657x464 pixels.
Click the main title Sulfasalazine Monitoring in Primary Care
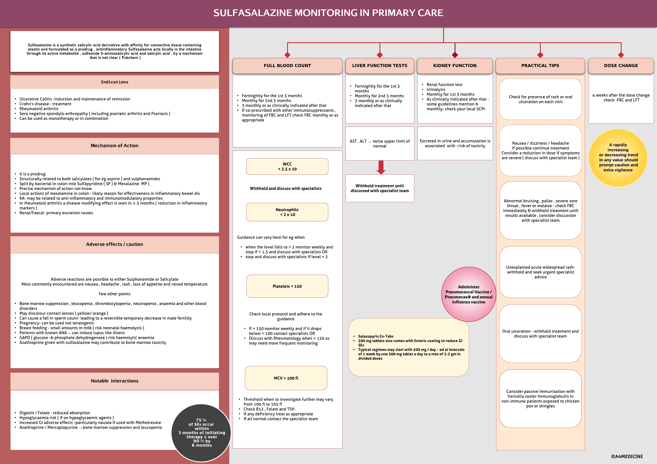328,13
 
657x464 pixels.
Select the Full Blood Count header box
287,66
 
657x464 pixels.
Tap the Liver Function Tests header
380,66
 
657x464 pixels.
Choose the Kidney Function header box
455,66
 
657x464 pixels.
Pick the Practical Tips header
540,66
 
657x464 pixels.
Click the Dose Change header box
621,66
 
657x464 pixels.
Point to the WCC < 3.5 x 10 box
287,166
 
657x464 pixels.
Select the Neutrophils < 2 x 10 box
287,212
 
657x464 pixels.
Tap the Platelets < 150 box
287,286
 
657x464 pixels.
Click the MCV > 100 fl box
286,378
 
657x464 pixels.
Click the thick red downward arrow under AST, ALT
381,167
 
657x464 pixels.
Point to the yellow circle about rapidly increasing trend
618,158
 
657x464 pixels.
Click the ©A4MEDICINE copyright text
627,456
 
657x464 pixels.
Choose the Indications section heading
114,82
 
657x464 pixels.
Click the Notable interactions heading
114,381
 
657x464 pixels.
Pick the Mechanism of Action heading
114,146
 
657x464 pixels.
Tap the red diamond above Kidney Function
455,55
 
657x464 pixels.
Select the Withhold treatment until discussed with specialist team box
380,188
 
